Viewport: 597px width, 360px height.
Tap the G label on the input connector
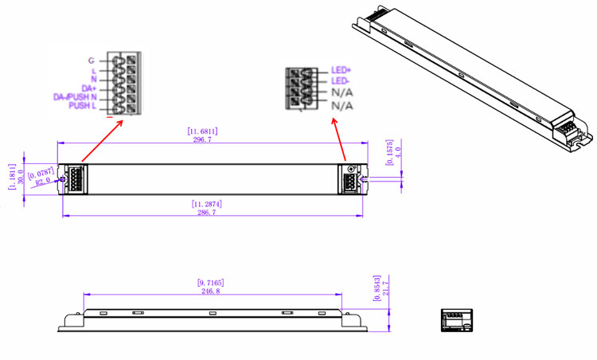(92, 60)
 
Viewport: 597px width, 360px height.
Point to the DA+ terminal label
(88, 88)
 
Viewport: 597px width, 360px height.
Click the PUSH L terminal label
(82, 105)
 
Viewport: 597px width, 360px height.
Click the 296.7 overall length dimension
(202, 139)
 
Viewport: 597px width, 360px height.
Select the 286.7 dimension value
(205, 213)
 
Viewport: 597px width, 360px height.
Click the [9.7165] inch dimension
(210, 283)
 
